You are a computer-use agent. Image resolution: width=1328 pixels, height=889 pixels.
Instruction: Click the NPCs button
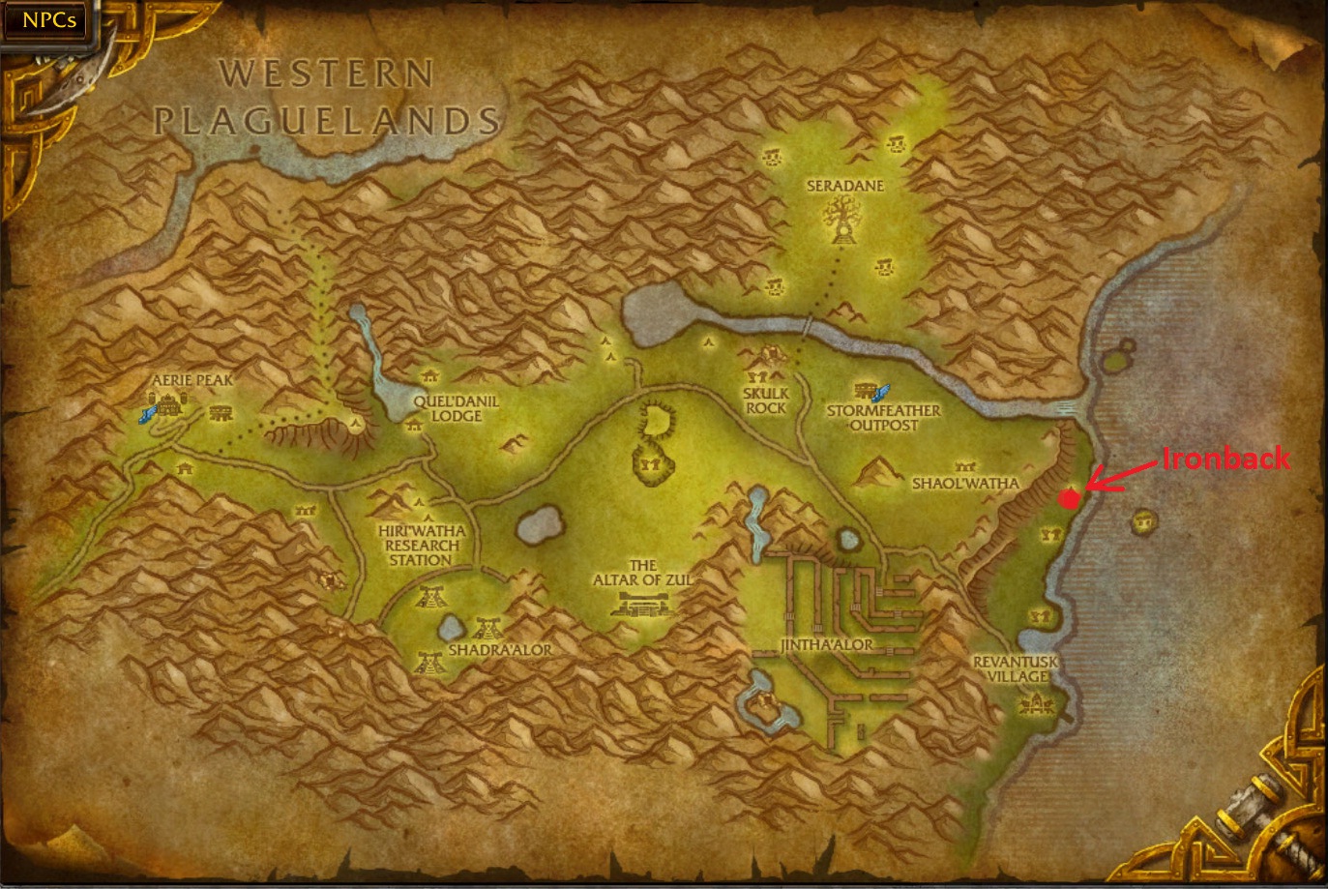pos(48,19)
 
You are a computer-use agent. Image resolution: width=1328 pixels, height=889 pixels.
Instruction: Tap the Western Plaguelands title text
pos(326,98)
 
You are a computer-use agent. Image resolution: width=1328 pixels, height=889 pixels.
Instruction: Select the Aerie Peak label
pos(192,380)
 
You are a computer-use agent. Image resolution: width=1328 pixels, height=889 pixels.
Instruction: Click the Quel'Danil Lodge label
pos(456,408)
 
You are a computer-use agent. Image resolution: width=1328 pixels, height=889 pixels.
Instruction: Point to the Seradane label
pos(845,185)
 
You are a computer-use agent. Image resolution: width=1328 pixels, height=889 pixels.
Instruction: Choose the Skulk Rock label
pos(766,400)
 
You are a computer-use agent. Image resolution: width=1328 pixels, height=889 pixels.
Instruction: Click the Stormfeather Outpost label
pos(883,417)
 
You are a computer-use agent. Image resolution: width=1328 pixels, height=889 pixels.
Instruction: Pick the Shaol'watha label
pos(965,483)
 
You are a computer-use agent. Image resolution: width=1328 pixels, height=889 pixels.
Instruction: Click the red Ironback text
pos(1225,458)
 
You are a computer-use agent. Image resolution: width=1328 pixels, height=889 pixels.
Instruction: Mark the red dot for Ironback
pos(1069,498)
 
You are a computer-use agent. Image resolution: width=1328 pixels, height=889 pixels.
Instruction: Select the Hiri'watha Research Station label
pos(421,545)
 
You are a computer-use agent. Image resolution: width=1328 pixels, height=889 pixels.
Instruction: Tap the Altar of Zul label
pos(642,572)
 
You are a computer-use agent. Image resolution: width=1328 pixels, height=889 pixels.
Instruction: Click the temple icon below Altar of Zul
pos(642,606)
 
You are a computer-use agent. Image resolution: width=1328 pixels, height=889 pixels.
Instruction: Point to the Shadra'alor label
pos(500,650)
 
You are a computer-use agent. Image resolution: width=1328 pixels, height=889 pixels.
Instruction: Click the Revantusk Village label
pos(1016,668)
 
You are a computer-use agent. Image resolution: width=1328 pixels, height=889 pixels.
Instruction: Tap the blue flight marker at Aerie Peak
pos(146,414)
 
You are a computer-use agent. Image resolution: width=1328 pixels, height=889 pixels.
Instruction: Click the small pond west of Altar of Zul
pos(539,525)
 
